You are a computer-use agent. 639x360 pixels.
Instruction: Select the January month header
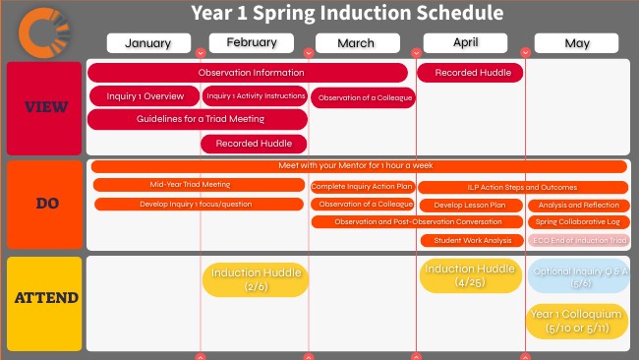pos(148,43)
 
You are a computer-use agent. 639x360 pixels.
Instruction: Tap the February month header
pos(251,42)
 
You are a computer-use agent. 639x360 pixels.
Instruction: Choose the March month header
pos(356,43)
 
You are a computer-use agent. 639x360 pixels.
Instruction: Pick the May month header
pos(576,43)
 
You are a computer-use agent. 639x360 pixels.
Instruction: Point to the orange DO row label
pos(44,205)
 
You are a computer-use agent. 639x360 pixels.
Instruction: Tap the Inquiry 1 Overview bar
pos(144,96)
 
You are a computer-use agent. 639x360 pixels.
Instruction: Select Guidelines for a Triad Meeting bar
pos(198,119)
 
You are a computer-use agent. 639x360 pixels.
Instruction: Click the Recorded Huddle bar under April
pos(471,73)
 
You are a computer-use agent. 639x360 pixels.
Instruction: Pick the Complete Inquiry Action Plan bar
pos(363,187)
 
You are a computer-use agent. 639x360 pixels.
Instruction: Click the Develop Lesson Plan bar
pos(470,205)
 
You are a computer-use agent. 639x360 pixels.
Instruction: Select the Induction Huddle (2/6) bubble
pos(256,279)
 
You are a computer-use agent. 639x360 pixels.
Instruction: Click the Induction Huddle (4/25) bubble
pos(470,275)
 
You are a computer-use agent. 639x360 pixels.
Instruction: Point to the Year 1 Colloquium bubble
pos(576,321)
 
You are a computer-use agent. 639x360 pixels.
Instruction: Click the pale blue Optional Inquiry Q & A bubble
pos(576,276)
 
